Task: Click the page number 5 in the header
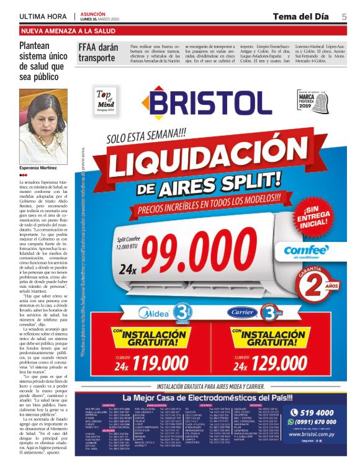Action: point(344,16)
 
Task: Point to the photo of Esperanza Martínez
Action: point(42,127)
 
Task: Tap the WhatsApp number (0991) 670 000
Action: point(317,422)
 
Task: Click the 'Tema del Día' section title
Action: point(300,16)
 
